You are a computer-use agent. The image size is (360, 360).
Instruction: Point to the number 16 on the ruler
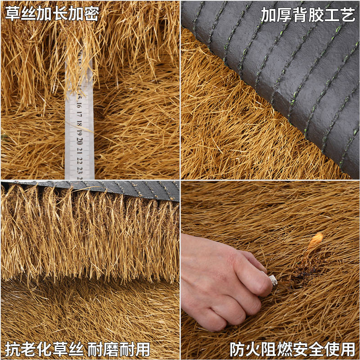79,105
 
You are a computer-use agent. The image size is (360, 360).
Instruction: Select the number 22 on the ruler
80,160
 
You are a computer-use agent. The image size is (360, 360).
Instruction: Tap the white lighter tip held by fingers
273,280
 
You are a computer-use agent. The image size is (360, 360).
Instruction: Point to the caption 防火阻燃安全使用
292,349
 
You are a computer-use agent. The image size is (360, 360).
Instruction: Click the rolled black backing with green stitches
279,67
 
